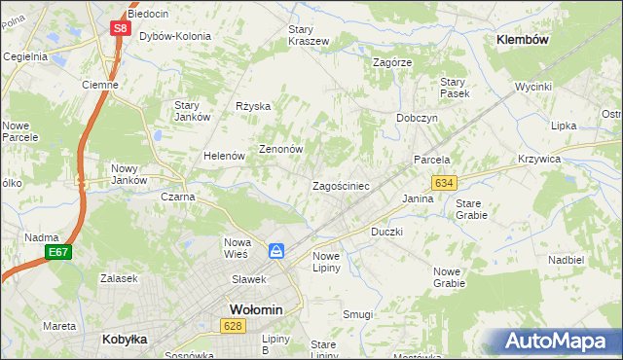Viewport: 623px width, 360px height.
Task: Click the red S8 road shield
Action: [119, 28]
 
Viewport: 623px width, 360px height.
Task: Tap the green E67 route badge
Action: [57, 253]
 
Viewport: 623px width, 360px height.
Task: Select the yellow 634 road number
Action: [445, 183]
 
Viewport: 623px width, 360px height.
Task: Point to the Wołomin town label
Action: [255, 309]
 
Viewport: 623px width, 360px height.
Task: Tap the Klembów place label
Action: [523, 40]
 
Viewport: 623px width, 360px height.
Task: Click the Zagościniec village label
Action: [339, 185]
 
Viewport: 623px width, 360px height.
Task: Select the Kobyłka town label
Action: [125, 340]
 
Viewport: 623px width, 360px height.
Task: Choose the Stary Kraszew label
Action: [309, 36]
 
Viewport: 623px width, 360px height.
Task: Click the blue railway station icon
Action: [277, 251]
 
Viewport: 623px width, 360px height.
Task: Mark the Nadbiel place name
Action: [565, 260]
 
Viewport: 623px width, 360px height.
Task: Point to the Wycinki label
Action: [533, 87]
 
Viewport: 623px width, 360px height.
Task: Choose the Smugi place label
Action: [357, 314]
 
